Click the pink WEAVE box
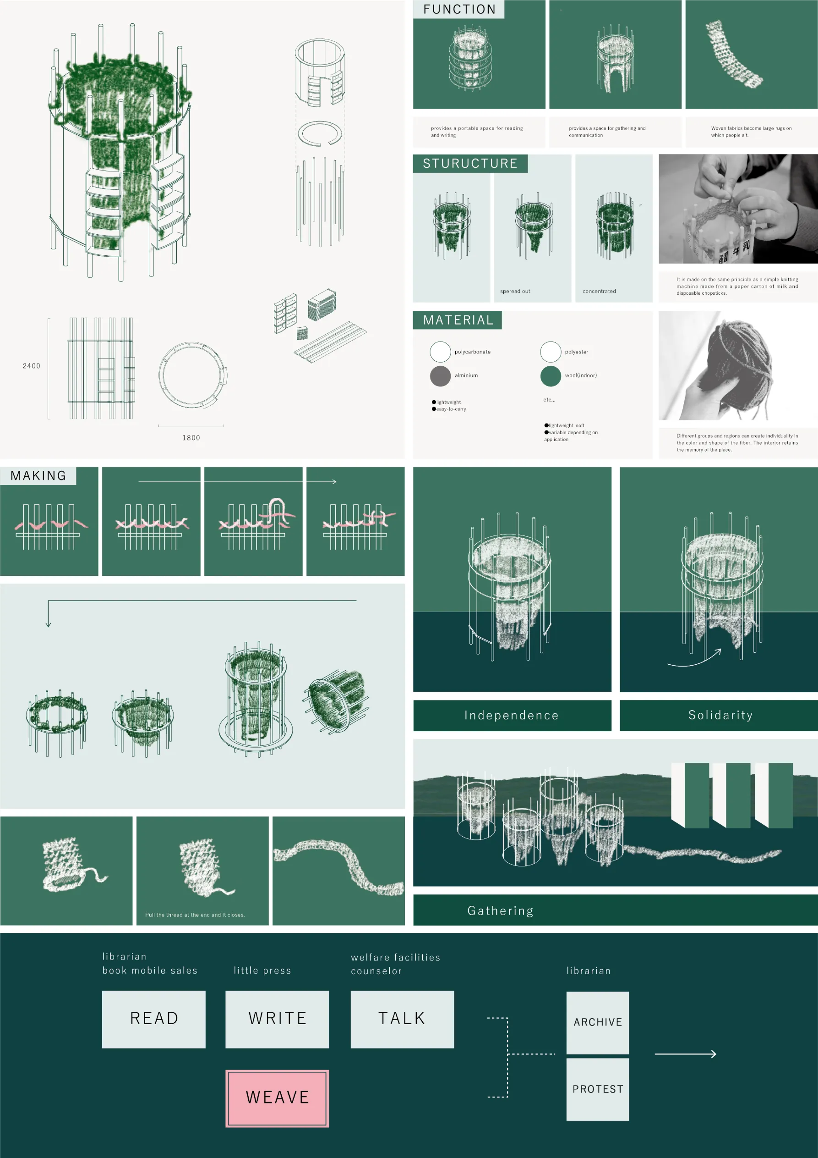[x=277, y=1098]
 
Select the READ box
[x=154, y=1019]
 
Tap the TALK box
[x=402, y=1019]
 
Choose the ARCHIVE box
[x=598, y=1022]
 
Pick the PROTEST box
[x=598, y=1089]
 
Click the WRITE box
[x=277, y=1019]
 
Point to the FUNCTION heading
[x=459, y=9]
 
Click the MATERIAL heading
[x=458, y=320]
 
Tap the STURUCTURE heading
[x=470, y=163]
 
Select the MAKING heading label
[x=38, y=475]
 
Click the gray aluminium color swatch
[x=440, y=376]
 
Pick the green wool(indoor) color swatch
[x=551, y=376]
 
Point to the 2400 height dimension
[x=31, y=366]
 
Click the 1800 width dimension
[x=191, y=438]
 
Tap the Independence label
[x=512, y=715]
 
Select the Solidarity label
[x=721, y=715]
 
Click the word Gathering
[x=501, y=910]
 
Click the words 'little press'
[x=262, y=971]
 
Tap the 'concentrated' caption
[x=599, y=291]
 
